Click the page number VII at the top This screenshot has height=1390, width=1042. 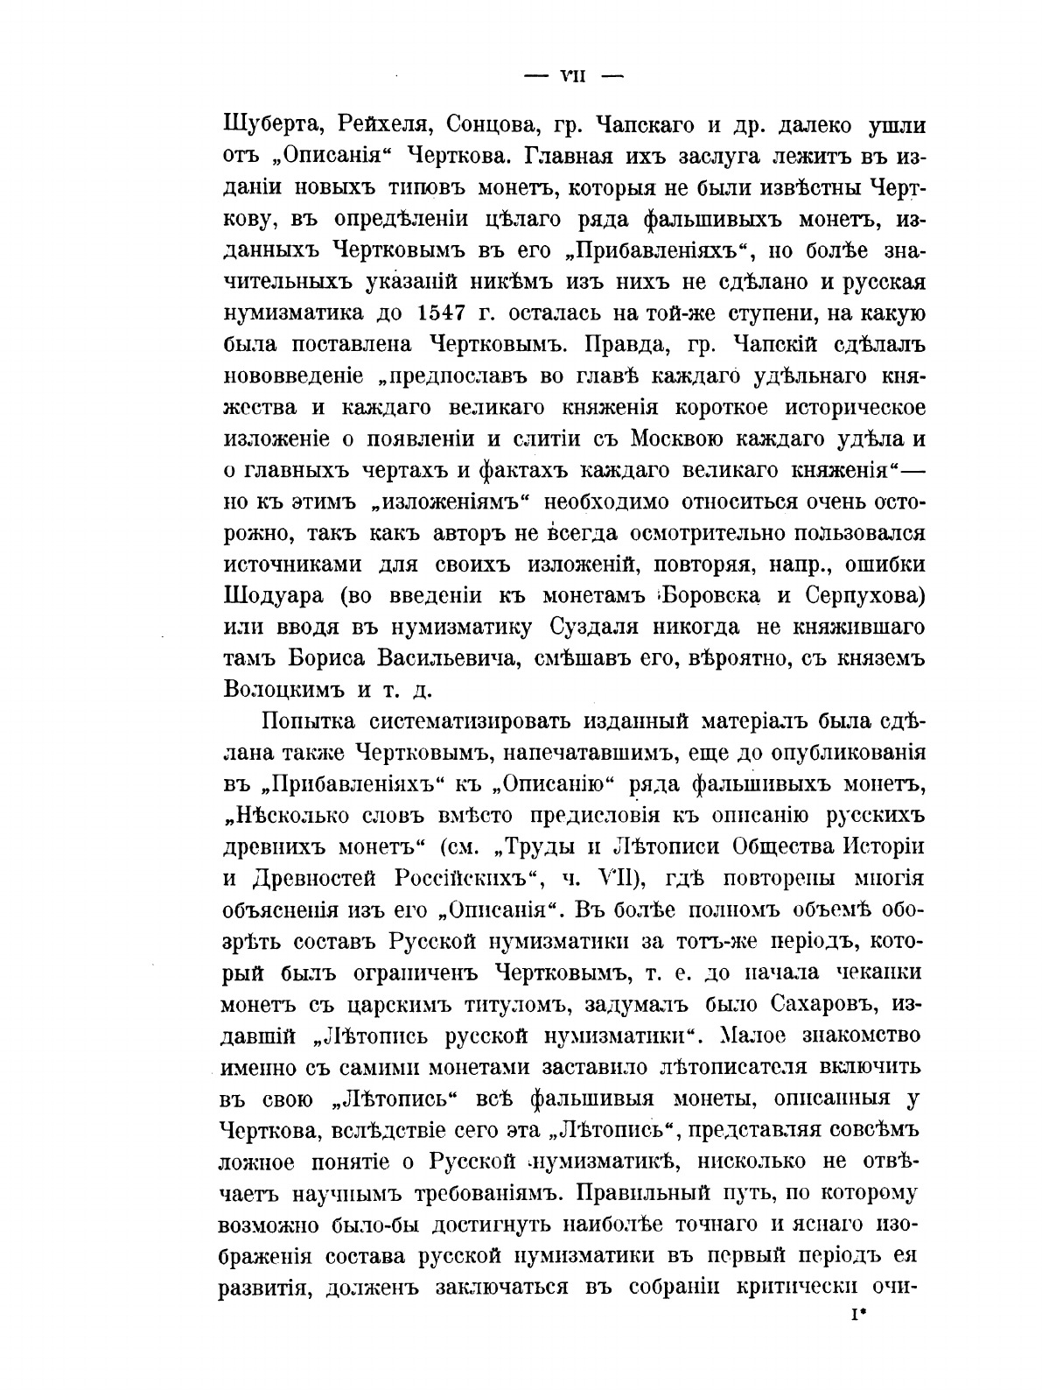point(571,76)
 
